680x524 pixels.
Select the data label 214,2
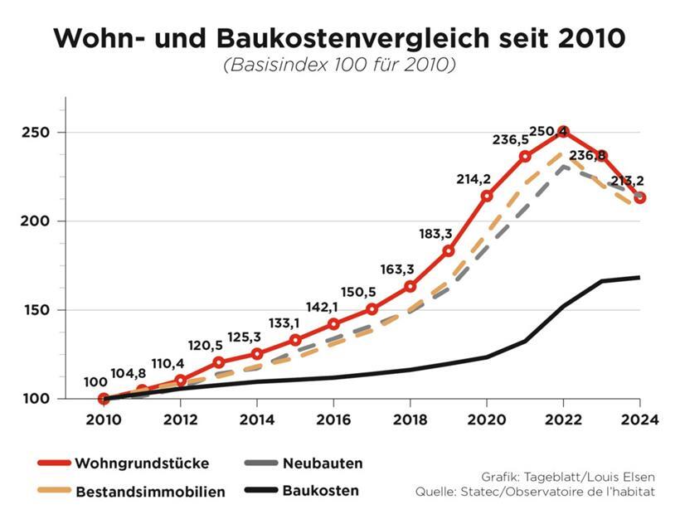[x=474, y=178]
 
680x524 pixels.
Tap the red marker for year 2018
[x=410, y=287]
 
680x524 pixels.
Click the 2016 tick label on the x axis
[x=333, y=420]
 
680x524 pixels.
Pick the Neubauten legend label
[x=323, y=463]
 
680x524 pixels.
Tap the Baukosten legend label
[x=320, y=491]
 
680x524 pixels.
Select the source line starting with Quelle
[x=535, y=492]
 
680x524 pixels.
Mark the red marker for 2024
[x=640, y=198]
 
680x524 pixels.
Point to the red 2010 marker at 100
[x=104, y=399]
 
